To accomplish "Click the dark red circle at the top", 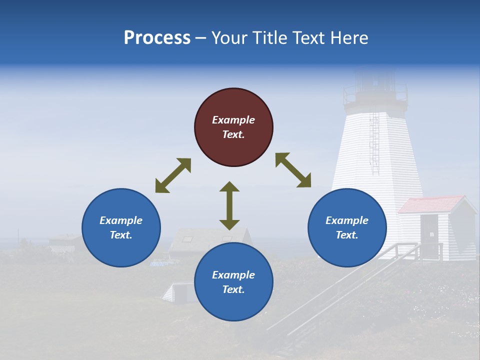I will pyautogui.click(x=233, y=127).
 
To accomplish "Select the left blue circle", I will pyautogui.click(x=121, y=227).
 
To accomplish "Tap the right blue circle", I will pyautogui.click(x=347, y=227).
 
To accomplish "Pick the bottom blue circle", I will pyautogui.click(x=233, y=282).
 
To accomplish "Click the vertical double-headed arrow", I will pyautogui.click(x=229, y=205).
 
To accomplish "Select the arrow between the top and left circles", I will pyautogui.click(x=173, y=175).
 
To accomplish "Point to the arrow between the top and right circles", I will pyautogui.click(x=293, y=170).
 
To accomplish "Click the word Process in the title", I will pyautogui.click(x=157, y=38).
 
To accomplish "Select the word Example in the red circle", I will pyautogui.click(x=233, y=120).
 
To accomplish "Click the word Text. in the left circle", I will pyautogui.click(x=121, y=235).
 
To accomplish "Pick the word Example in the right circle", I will pyautogui.click(x=347, y=220).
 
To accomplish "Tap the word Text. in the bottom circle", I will pyautogui.click(x=233, y=289).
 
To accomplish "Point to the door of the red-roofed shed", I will pyautogui.click(x=428, y=229).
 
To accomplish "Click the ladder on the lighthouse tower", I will pyautogui.click(x=374, y=142).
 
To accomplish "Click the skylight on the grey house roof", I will pyautogui.click(x=186, y=239).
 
